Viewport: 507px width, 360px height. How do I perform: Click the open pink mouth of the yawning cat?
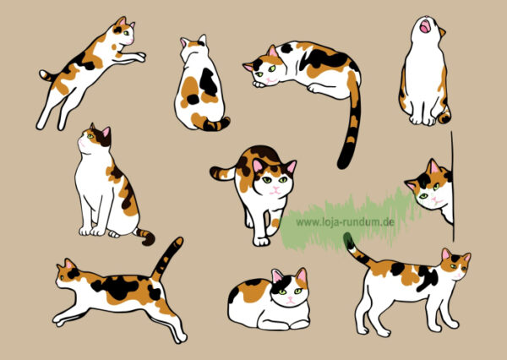(x=425, y=26)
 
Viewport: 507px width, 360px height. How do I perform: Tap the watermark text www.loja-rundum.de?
(x=345, y=222)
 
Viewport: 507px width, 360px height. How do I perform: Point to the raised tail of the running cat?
(x=166, y=259)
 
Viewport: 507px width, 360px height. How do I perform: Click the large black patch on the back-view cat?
(x=208, y=82)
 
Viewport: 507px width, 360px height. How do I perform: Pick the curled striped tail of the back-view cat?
(x=216, y=124)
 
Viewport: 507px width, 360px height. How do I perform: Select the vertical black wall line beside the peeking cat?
(x=453, y=186)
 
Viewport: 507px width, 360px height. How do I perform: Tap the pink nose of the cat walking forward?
(x=275, y=188)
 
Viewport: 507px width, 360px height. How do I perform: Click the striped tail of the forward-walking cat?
(x=223, y=173)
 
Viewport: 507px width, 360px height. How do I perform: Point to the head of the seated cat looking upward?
(x=94, y=138)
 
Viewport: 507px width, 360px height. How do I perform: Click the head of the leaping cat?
(x=123, y=31)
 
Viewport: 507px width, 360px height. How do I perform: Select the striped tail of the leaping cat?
(x=48, y=76)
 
